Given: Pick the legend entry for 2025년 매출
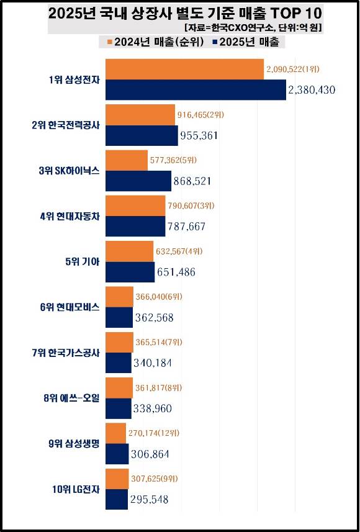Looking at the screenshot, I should [x=246, y=42].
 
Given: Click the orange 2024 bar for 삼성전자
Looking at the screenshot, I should [x=185, y=69].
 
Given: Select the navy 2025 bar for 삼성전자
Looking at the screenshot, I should [x=196, y=90].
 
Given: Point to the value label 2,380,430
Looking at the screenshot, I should [x=312, y=90].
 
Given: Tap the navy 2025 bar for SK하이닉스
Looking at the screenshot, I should [x=138, y=181].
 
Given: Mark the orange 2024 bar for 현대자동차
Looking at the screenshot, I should [x=135, y=205].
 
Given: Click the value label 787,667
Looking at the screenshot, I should [x=187, y=227].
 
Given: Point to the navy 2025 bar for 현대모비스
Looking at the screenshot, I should [x=119, y=317].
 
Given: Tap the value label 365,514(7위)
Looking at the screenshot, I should [x=159, y=341].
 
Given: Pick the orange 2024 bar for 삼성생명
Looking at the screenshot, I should [x=116, y=433].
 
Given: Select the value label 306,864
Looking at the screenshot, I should [x=150, y=454].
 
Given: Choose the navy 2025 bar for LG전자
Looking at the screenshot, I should [x=117, y=499].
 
